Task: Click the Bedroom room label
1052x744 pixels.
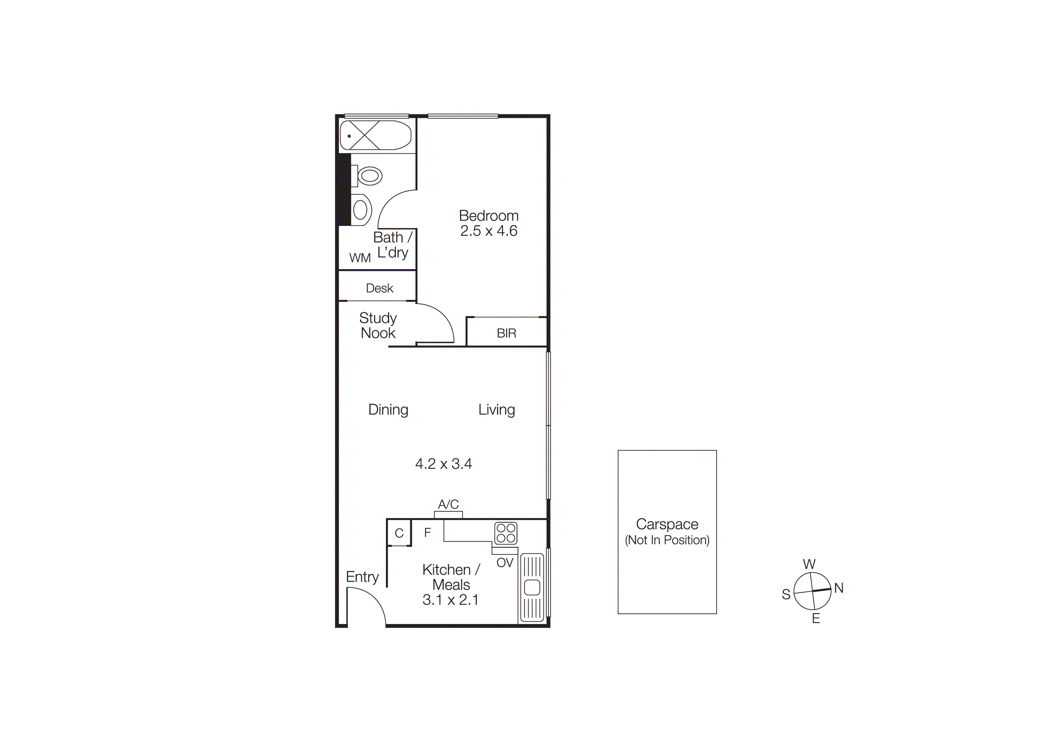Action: (x=489, y=215)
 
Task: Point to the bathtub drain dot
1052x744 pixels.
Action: (x=349, y=136)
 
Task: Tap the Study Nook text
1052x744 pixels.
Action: (x=378, y=325)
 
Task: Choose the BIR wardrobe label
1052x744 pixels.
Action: (x=506, y=333)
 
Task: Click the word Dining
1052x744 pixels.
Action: (x=388, y=409)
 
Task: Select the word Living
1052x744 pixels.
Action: (x=497, y=409)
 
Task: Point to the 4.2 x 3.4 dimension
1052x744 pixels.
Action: (x=443, y=464)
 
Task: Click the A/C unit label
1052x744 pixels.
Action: (x=448, y=504)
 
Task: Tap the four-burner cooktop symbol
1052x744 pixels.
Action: (x=506, y=533)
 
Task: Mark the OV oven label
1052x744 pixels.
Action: (x=505, y=562)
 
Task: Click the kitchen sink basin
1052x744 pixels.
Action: (x=532, y=587)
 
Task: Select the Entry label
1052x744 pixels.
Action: (x=362, y=577)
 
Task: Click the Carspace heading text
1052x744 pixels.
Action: (x=667, y=524)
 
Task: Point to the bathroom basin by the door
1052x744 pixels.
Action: (x=360, y=210)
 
